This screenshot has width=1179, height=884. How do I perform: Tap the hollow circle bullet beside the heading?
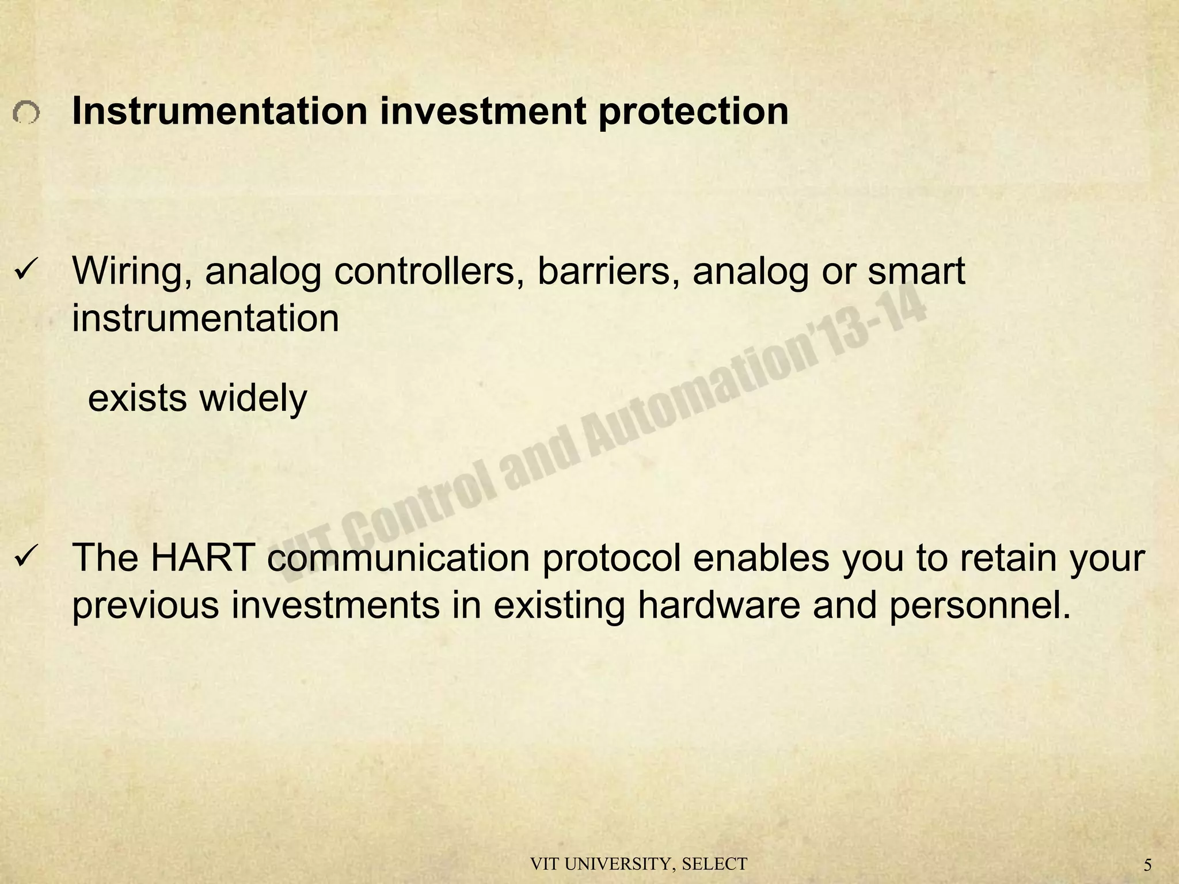click(26, 113)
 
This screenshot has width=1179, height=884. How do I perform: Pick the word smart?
click(916, 272)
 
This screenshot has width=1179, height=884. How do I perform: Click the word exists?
click(137, 398)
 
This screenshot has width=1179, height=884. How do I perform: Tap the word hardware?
click(718, 605)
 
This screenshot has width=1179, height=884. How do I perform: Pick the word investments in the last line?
click(336, 605)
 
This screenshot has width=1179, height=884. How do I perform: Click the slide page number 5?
click(1147, 865)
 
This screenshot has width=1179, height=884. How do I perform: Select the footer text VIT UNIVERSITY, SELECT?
click(638, 864)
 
